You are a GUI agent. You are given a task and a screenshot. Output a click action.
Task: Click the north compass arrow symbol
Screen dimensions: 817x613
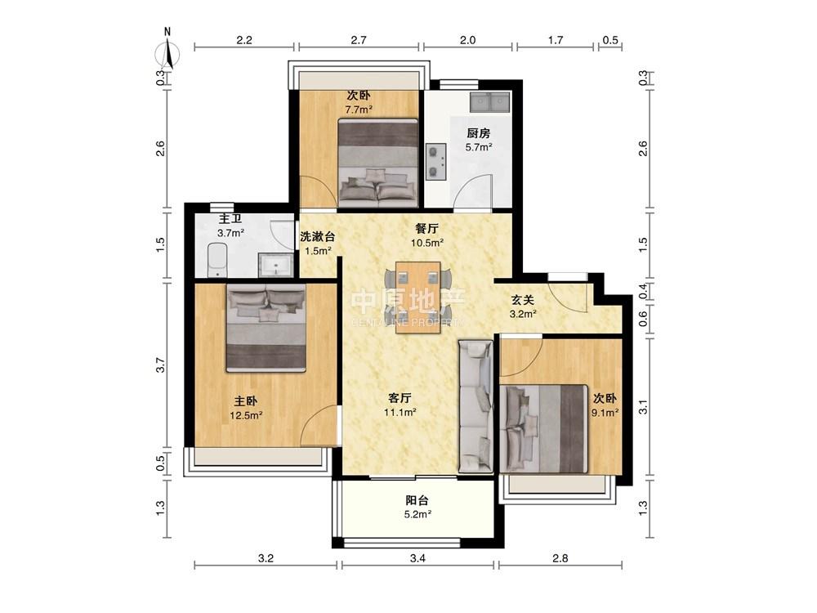(167, 52)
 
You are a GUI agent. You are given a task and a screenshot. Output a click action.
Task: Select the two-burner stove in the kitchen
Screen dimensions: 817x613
(436, 161)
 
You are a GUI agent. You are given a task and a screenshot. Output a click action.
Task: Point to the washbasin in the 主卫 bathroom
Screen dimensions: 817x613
(276, 265)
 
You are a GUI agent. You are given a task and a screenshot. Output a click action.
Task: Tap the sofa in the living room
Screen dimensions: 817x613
(475, 406)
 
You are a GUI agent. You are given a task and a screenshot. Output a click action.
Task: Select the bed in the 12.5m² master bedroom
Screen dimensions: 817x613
(266, 328)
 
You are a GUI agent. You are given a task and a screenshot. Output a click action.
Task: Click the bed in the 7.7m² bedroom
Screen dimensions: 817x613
(378, 163)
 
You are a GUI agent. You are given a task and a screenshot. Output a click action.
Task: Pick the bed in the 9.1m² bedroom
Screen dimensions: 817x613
(544, 428)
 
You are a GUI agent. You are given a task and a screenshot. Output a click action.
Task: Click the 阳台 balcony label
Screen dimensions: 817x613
(417, 501)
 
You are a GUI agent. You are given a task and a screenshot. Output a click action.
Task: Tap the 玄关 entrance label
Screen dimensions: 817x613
(523, 300)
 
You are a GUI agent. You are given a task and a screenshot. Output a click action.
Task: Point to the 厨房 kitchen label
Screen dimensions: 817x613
(479, 133)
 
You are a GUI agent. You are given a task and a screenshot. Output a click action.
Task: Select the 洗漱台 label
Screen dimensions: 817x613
(317, 237)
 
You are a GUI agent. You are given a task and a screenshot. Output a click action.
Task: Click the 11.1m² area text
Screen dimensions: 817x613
(400, 413)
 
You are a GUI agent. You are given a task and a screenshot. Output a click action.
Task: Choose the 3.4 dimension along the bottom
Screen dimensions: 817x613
(417, 559)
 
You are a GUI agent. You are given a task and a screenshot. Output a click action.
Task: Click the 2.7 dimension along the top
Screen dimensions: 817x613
(359, 39)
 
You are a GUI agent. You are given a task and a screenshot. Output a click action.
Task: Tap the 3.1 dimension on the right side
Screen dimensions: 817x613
(644, 406)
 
